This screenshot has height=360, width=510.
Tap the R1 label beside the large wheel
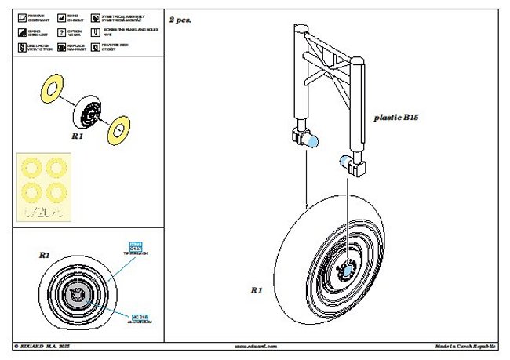point(255,290)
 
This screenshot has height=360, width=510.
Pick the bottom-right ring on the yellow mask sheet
point(57,191)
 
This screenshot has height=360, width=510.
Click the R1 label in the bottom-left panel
point(44,256)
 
